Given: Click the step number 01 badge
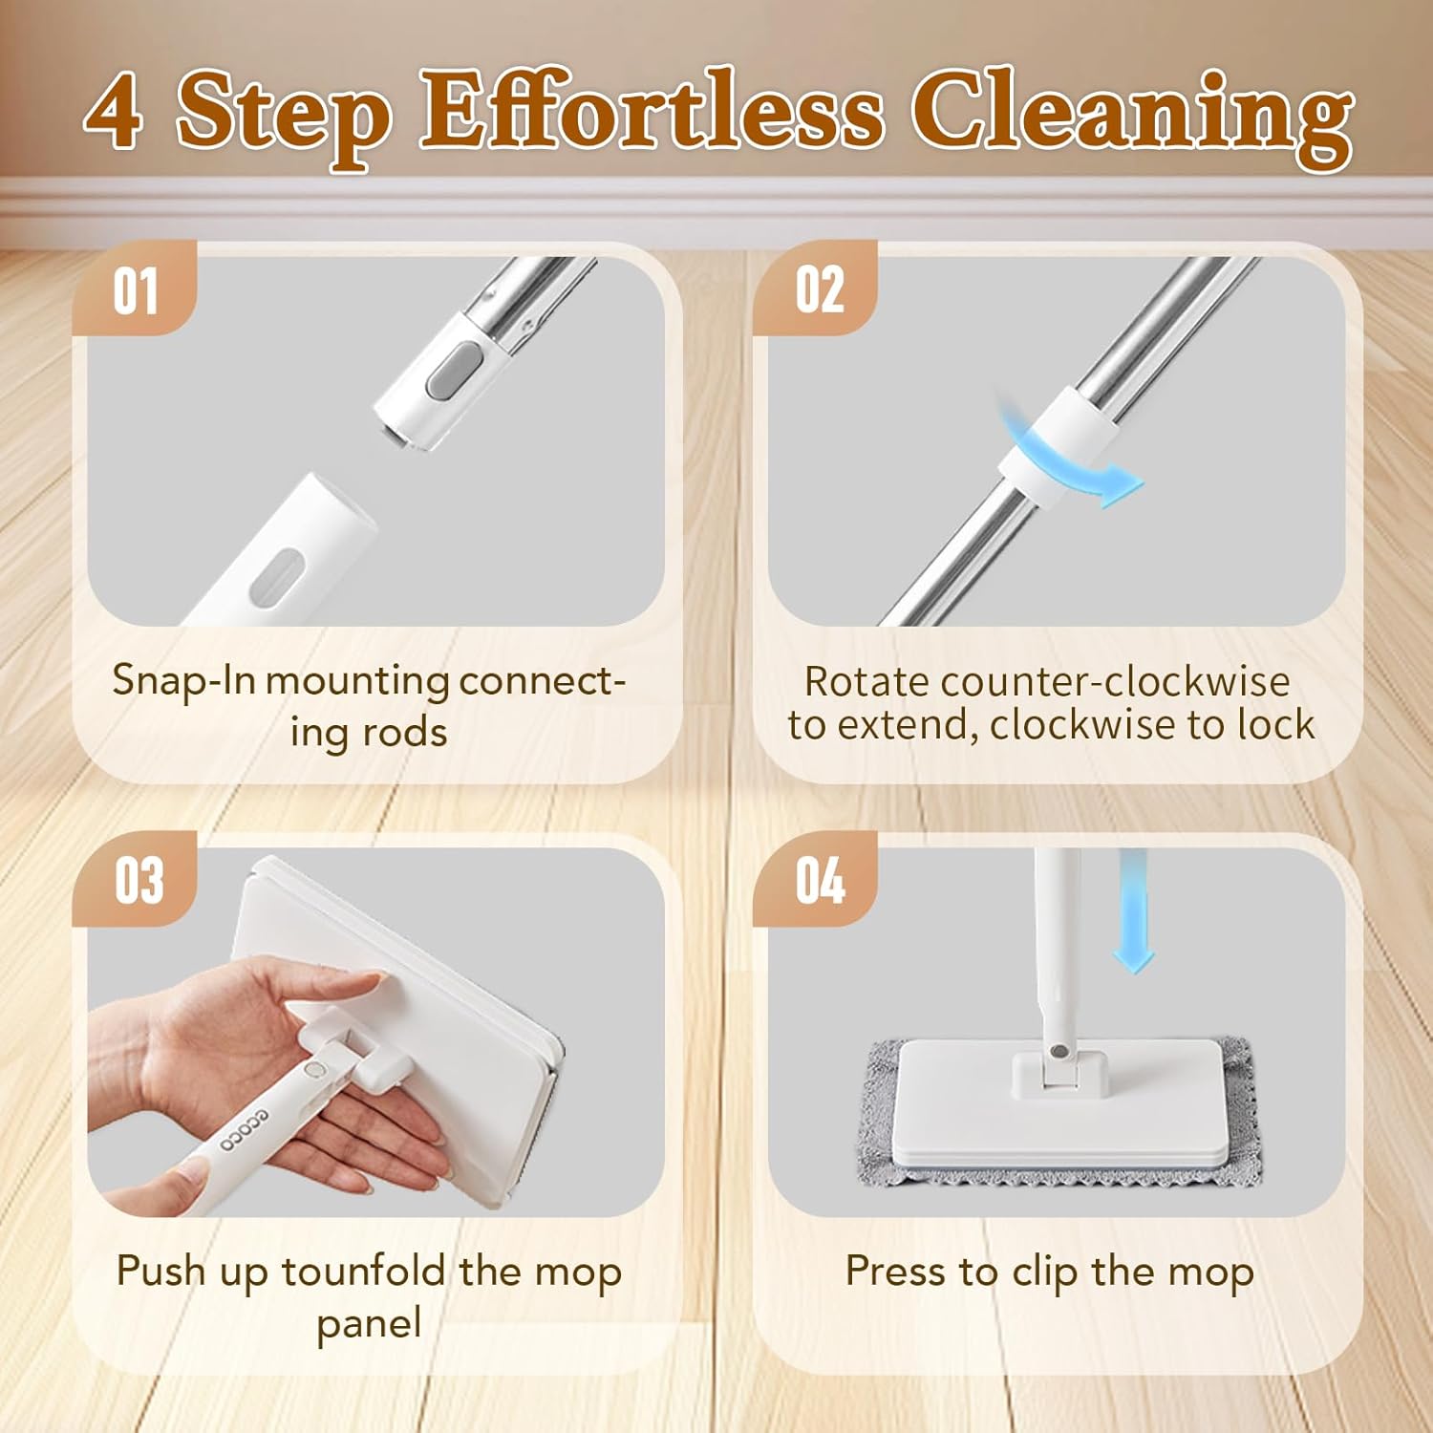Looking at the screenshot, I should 135,290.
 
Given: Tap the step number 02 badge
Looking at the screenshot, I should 819,290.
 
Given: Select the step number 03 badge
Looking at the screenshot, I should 138,880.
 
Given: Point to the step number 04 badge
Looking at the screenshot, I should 819,880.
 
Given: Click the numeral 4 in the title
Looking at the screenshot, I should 114,113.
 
